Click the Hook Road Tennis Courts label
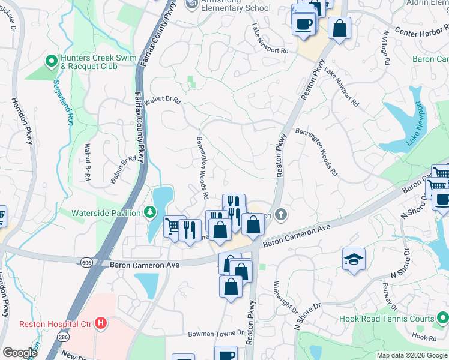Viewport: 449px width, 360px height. [x=386, y=319]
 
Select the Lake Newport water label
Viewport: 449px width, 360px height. [x=414, y=127]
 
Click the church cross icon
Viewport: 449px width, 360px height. [x=280, y=214]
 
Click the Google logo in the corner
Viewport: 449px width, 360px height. [x=20, y=353]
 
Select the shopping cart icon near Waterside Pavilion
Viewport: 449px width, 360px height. [x=174, y=226]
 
